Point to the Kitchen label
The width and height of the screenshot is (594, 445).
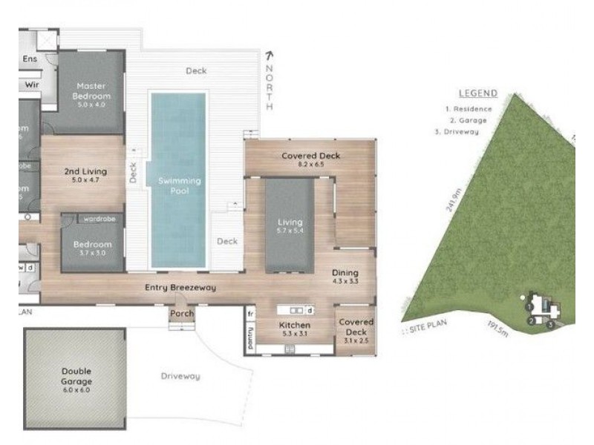(x=294, y=326)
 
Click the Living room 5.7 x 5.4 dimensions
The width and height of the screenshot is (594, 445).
(x=290, y=231)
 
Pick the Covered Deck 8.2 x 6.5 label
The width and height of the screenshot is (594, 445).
(x=310, y=156)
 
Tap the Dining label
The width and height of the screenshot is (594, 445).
(x=345, y=272)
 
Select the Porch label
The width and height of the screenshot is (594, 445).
(x=182, y=314)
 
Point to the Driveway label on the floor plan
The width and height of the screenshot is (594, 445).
(x=180, y=376)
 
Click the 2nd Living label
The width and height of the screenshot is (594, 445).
(x=85, y=171)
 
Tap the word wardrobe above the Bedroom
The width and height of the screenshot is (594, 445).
(x=98, y=219)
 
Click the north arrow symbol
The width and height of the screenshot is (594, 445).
(x=269, y=55)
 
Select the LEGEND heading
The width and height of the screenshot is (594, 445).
(x=477, y=93)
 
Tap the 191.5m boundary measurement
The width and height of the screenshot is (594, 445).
(x=497, y=327)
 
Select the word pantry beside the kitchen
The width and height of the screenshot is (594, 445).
(x=250, y=337)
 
